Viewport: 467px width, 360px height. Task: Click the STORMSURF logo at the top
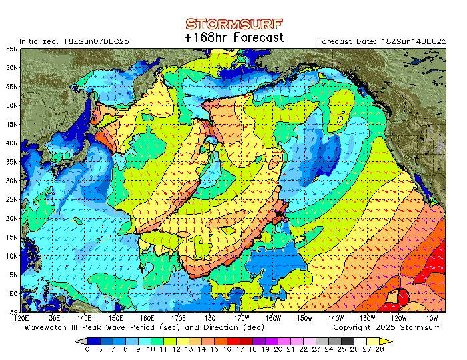[233, 25]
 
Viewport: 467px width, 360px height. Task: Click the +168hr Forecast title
[233, 38]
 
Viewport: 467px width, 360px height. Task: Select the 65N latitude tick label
[13, 49]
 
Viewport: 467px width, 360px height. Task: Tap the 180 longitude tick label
[211, 319]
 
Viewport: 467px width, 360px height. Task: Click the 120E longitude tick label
[22, 319]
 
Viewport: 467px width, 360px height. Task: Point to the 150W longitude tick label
[304, 319]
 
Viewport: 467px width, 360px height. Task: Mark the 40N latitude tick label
[13, 143]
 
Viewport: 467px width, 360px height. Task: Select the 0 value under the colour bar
[87, 349]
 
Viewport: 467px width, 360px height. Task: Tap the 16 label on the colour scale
[227, 349]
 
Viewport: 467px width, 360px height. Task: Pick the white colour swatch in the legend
[360, 341]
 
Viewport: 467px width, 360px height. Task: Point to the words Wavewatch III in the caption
[53, 327]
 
